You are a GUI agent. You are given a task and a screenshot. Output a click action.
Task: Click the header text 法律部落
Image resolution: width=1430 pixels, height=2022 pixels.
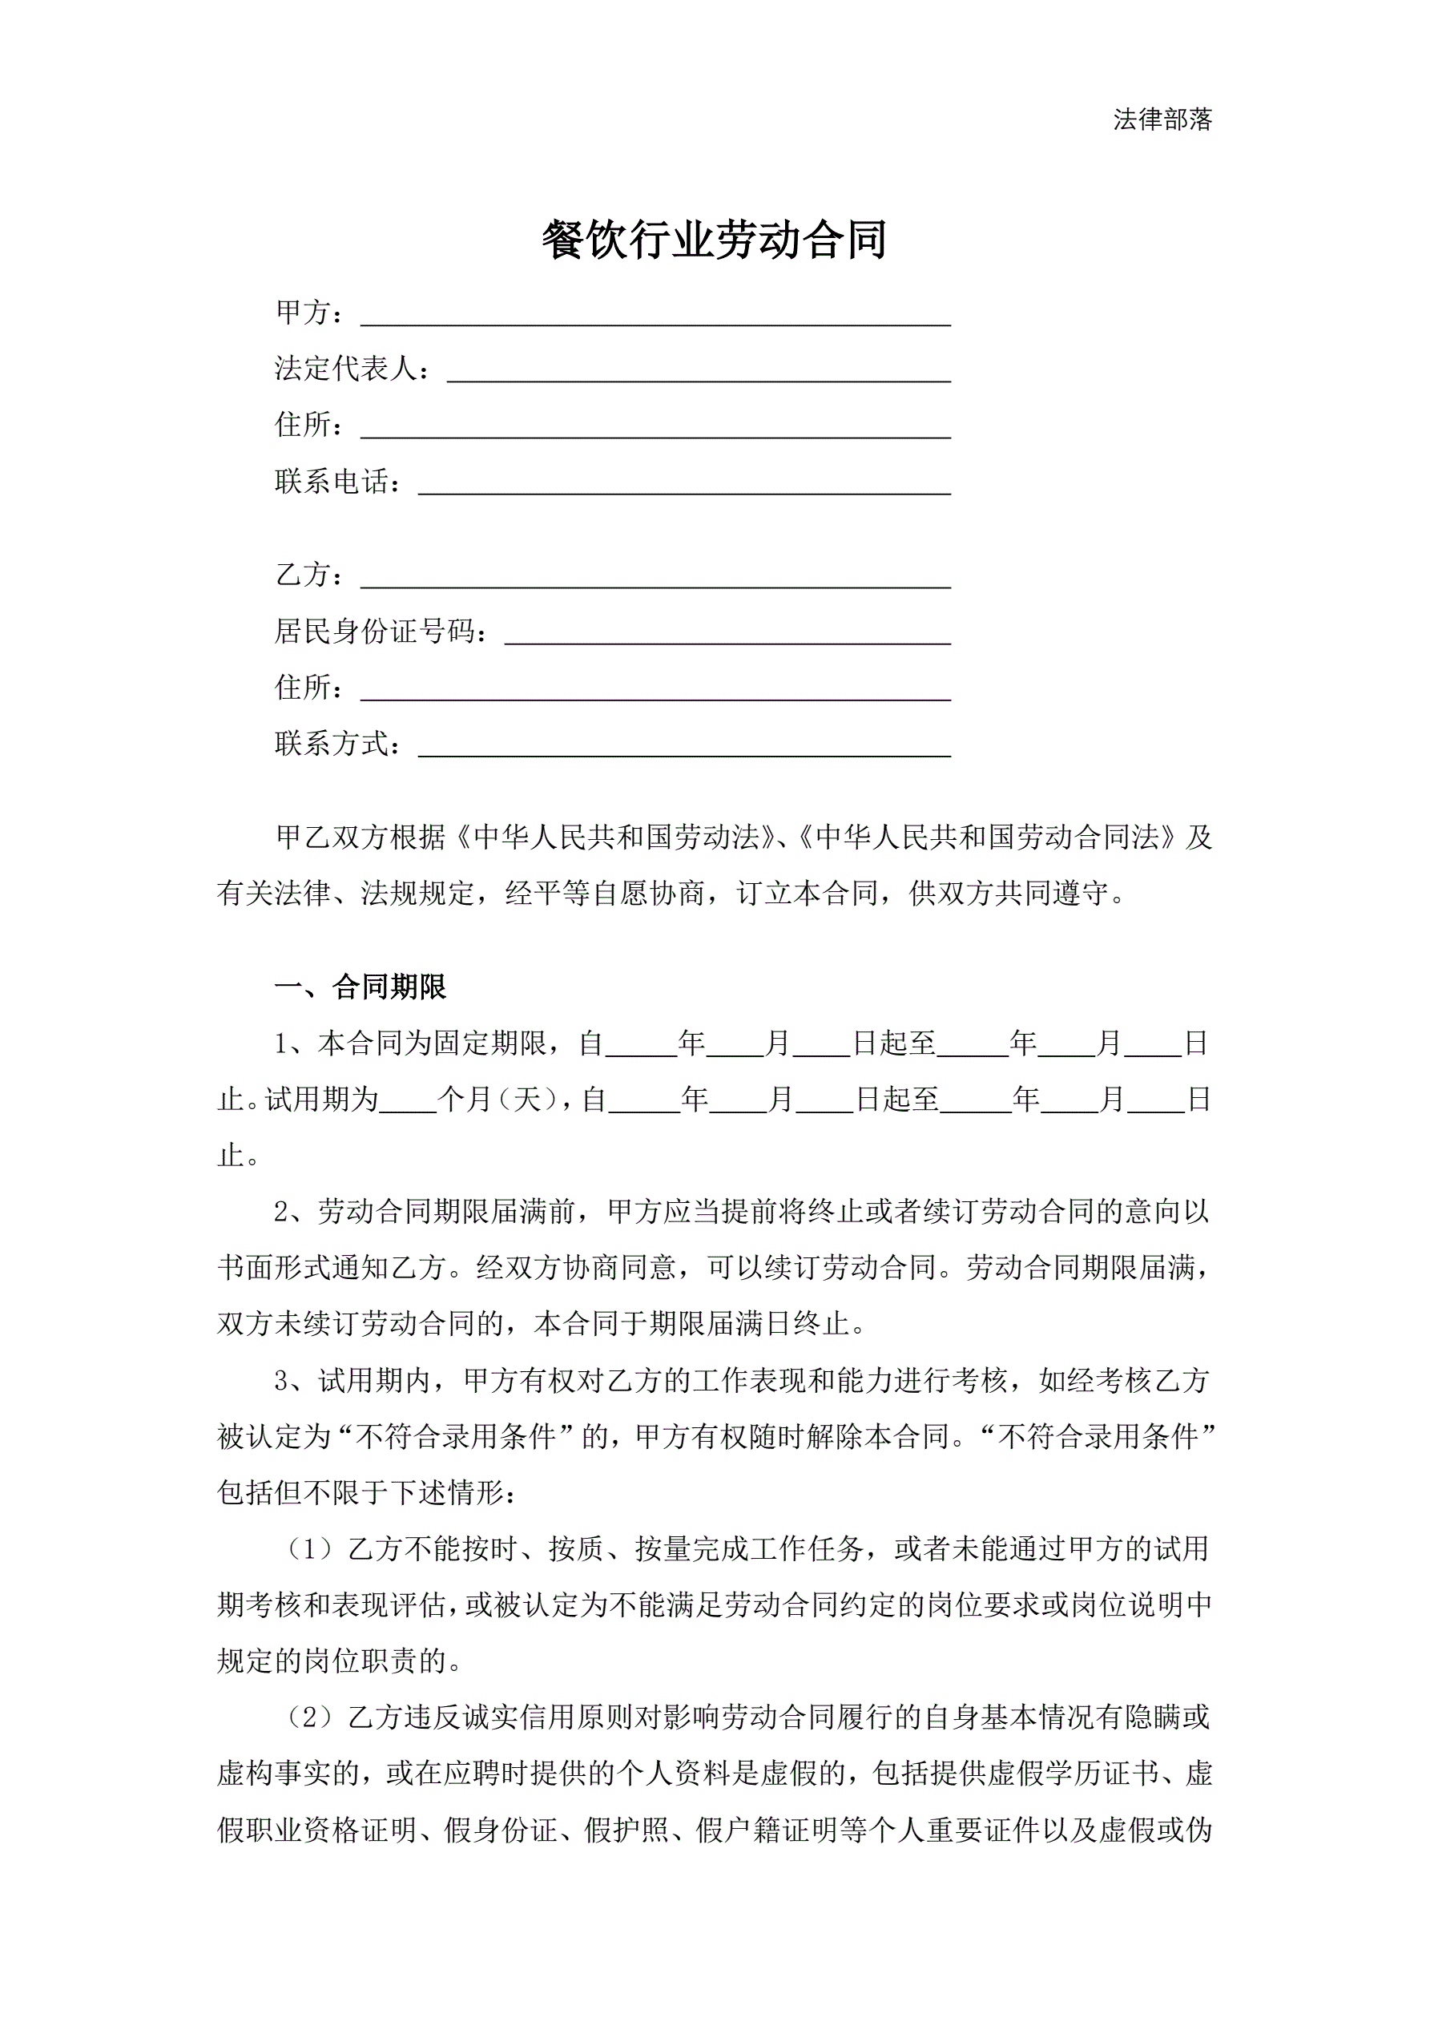click(x=1162, y=119)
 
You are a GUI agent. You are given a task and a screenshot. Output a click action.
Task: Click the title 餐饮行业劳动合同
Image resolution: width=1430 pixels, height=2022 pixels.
click(x=714, y=240)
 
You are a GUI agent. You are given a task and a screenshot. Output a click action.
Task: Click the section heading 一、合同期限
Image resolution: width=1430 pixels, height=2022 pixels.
click(x=361, y=987)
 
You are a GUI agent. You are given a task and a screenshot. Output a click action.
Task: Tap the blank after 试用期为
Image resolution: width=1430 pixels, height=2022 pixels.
click(x=408, y=1102)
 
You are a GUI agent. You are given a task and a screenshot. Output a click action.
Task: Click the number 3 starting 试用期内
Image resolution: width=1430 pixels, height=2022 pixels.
click(x=281, y=1380)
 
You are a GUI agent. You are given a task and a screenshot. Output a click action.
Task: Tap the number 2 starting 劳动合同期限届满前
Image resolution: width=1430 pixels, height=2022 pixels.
click(x=281, y=1212)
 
